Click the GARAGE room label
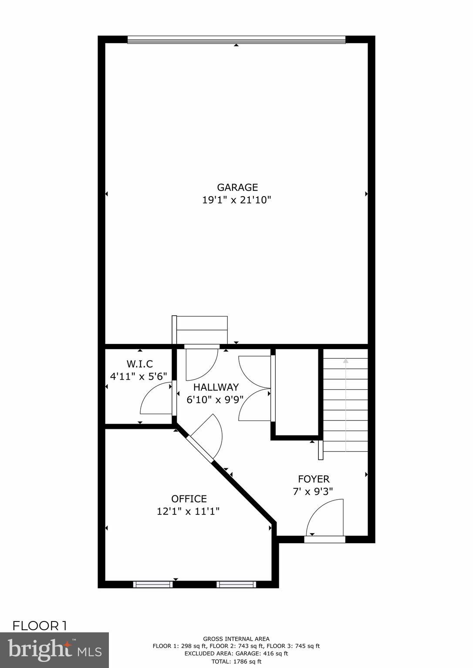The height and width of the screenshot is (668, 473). click(237, 187)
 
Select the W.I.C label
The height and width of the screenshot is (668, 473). click(140, 364)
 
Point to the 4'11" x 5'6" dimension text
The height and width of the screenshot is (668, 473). click(138, 376)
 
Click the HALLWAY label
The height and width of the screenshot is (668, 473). click(216, 387)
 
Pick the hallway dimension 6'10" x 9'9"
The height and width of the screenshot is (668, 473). click(215, 399)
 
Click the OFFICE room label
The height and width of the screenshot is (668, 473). click(189, 499)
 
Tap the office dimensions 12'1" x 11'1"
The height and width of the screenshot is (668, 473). click(188, 511)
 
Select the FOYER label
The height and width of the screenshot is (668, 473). click(314, 479)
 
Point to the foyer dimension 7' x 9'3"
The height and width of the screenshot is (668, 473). click(314, 491)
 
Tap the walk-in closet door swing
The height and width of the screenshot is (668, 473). click(156, 399)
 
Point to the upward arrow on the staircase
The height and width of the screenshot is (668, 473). click(346, 360)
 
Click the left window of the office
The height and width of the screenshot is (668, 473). click(152, 584)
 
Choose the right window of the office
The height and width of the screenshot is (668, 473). click(236, 584)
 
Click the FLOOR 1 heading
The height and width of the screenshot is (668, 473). click(40, 626)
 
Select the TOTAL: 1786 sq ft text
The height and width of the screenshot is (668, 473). click(236, 661)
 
